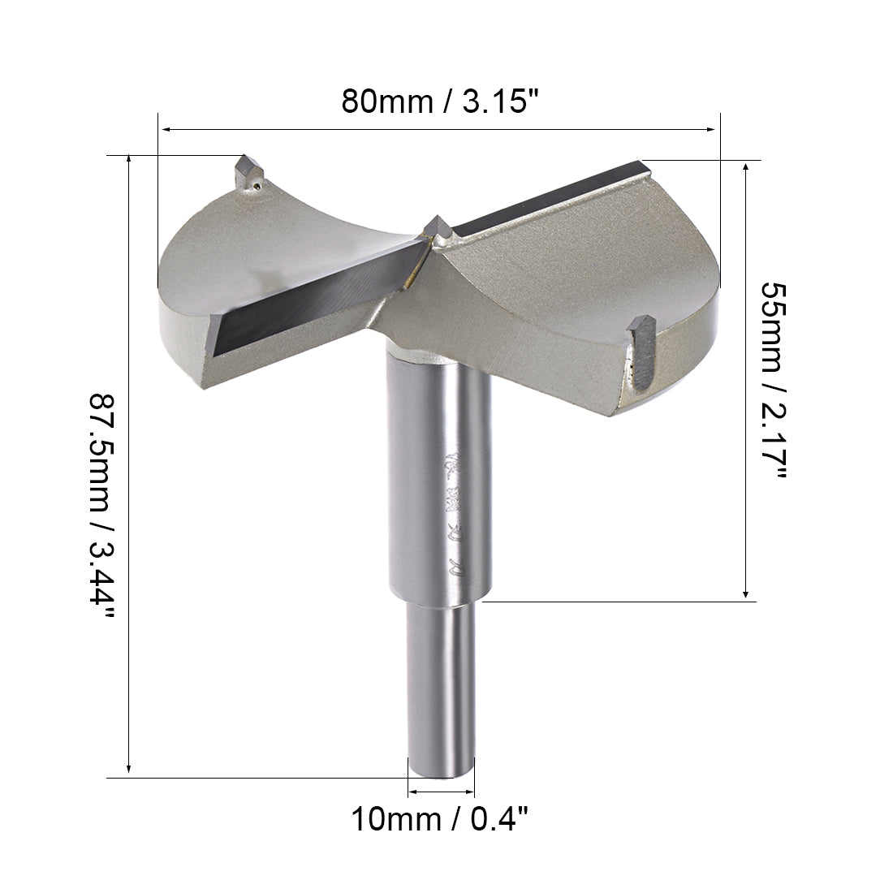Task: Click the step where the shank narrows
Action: coord(440,602)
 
